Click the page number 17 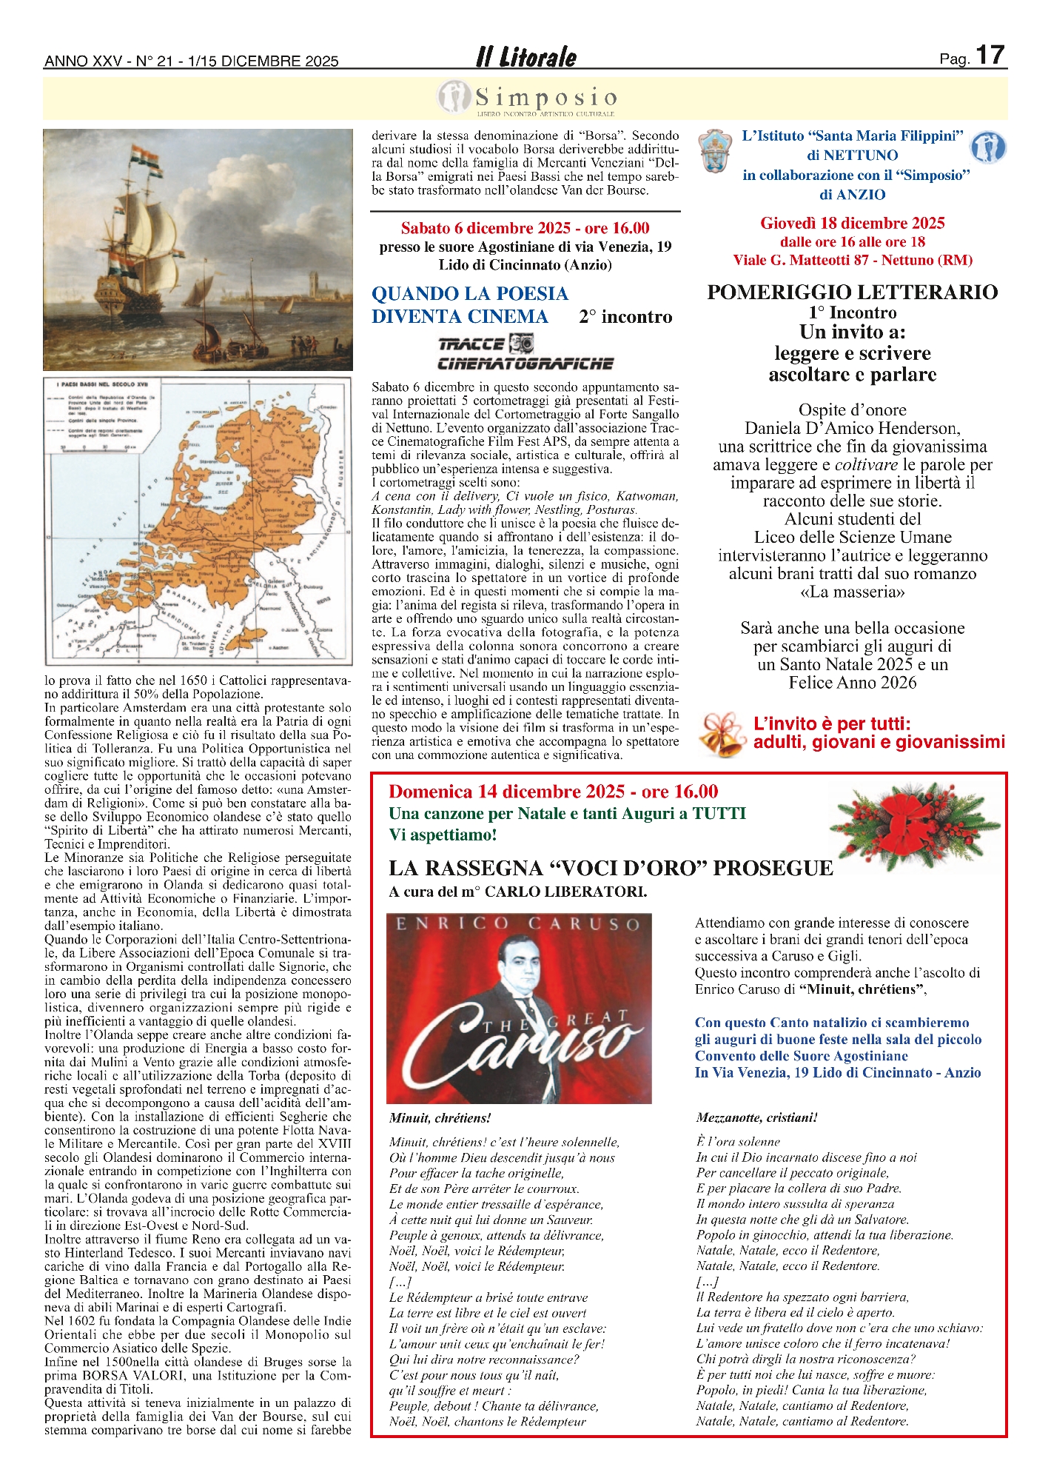(x=990, y=56)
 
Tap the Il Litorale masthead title (x=526, y=57)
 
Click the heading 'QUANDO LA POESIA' (x=470, y=294)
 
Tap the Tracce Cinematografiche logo (x=525, y=352)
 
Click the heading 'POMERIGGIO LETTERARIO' (x=852, y=292)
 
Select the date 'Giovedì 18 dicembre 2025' (x=852, y=224)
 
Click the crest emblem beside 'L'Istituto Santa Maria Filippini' (x=714, y=150)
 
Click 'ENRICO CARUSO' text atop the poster (x=518, y=923)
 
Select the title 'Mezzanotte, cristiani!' (x=756, y=1117)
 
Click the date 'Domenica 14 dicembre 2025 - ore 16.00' (x=553, y=792)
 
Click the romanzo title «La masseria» (x=852, y=592)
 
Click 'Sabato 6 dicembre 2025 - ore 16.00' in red (x=525, y=228)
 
